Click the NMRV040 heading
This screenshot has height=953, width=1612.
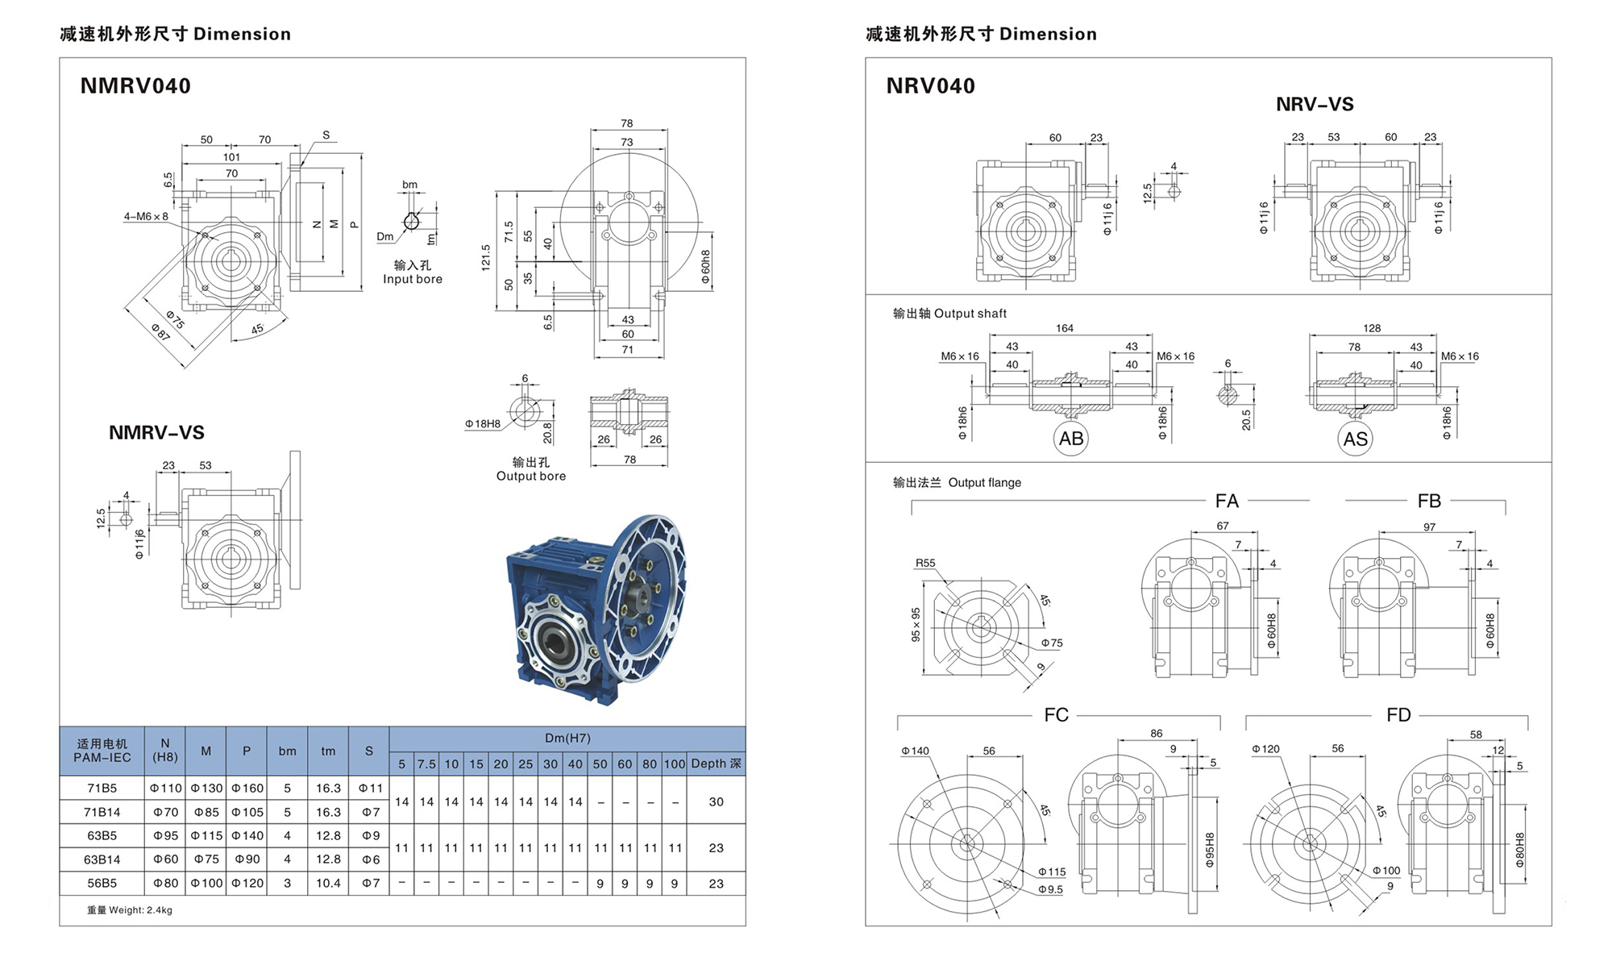pyautogui.click(x=135, y=86)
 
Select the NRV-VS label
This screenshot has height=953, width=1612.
pyautogui.click(x=1315, y=104)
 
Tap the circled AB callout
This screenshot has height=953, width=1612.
pyautogui.click(x=1070, y=439)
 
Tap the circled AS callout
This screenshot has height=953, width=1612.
pyautogui.click(x=1355, y=439)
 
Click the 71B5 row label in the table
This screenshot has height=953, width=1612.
pyautogui.click(x=102, y=788)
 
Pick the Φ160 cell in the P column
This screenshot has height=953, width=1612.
pyautogui.click(x=247, y=788)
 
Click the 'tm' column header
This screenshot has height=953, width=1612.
pyautogui.click(x=328, y=751)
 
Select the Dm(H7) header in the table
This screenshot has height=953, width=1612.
pyautogui.click(x=567, y=738)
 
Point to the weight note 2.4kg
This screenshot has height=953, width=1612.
pyautogui.click(x=130, y=910)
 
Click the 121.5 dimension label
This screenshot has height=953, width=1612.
pyautogui.click(x=485, y=258)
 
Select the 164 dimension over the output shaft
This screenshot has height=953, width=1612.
pyautogui.click(x=1064, y=328)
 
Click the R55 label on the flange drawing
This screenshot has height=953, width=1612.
pyautogui.click(x=925, y=563)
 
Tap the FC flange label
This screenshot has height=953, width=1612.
pyautogui.click(x=1056, y=715)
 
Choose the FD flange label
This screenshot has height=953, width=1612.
pyautogui.click(x=1398, y=715)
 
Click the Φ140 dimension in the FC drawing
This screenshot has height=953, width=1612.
pyautogui.click(x=915, y=751)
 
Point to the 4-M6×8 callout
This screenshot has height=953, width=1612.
pyautogui.click(x=146, y=216)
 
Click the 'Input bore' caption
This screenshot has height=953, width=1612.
pyautogui.click(x=412, y=279)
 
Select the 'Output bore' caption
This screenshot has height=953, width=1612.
pyautogui.click(x=530, y=476)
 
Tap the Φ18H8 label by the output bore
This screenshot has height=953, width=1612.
pyautogui.click(x=482, y=423)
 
